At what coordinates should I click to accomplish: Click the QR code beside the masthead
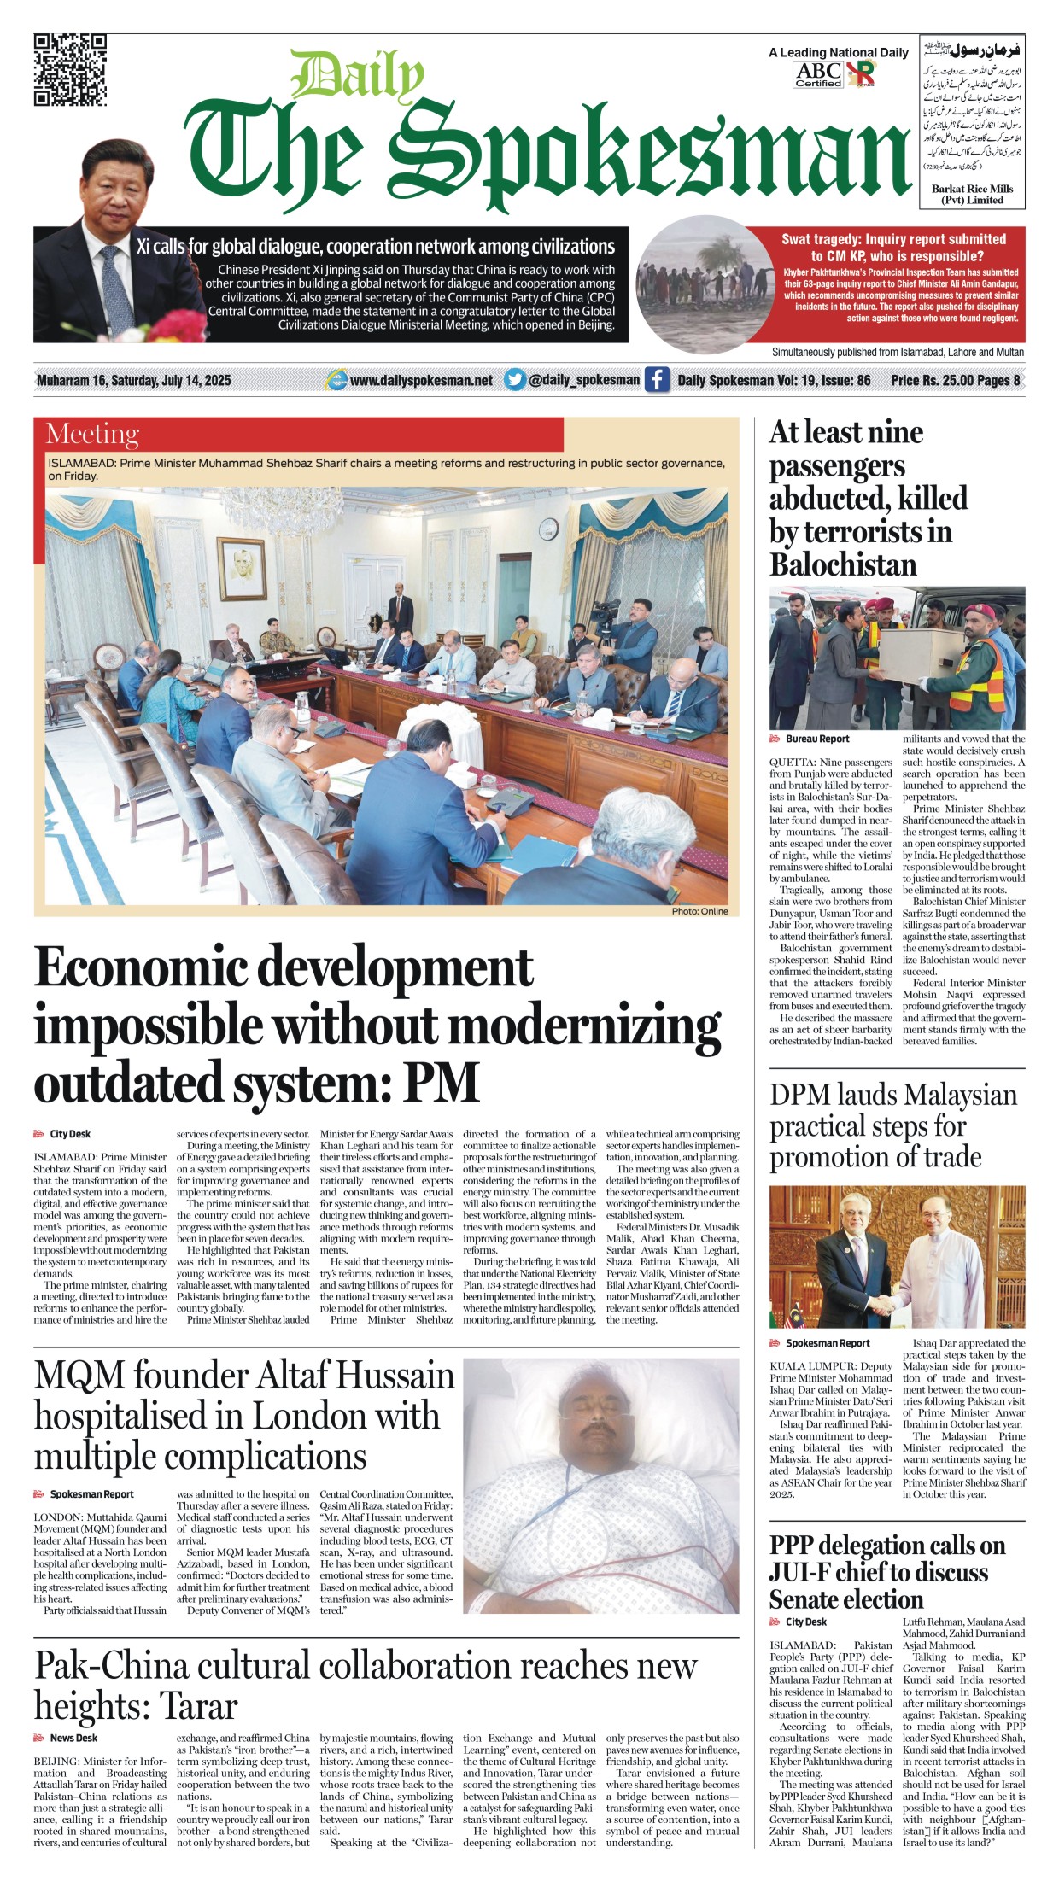click(70, 69)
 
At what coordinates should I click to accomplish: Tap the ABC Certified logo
click(818, 75)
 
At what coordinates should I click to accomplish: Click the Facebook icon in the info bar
click(656, 380)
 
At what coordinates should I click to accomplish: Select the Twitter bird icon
click(514, 380)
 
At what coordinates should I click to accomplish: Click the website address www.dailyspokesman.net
click(420, 381)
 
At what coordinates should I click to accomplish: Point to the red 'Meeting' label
click(92, 435)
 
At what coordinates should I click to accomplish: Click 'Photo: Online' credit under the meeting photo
click(699, 911)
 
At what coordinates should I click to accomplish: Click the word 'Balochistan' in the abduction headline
click(843, 565)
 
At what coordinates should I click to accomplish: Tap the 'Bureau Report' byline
click(816, 739)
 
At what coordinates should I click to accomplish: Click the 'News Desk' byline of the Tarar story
click(73, 1738)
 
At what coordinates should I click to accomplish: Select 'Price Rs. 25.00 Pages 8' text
click(955, 381)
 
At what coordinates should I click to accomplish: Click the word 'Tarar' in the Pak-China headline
click(198, 1706)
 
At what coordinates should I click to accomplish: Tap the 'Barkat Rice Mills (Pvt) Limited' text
click(972, 195)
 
